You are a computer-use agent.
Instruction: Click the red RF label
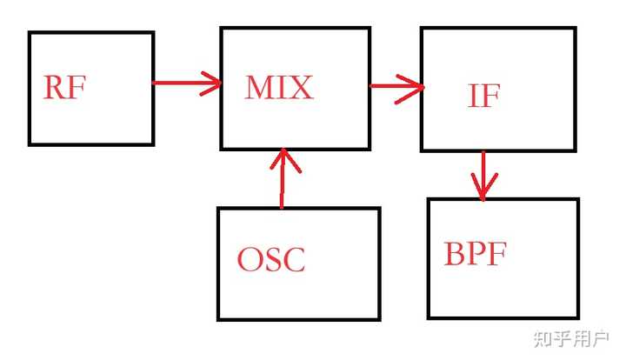64,88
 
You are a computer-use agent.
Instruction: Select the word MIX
279,87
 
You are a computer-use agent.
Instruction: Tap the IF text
483,96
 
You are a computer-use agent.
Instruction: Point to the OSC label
271,259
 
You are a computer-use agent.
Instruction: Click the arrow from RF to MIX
186,83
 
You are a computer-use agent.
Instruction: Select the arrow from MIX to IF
396,86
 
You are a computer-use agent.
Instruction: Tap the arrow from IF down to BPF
483,174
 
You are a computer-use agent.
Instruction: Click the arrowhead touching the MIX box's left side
211,83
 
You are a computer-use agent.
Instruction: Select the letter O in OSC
250,259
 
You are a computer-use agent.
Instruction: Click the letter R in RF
54,88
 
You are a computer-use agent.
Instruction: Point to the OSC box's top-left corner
218,209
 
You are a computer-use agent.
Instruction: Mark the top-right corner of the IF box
575,29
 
